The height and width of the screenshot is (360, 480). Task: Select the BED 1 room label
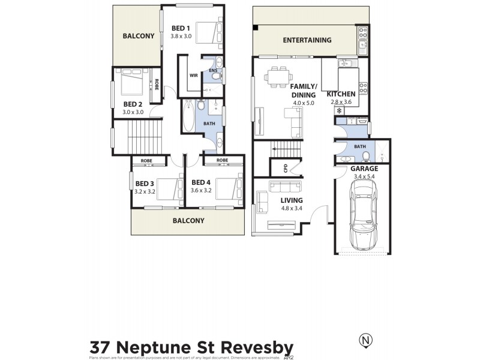181,28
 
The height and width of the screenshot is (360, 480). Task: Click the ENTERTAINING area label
307,40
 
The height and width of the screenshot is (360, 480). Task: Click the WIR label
194,76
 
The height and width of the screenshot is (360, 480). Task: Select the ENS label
212,71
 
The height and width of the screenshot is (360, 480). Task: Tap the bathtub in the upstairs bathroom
188,116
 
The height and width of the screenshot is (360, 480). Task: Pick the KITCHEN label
341,94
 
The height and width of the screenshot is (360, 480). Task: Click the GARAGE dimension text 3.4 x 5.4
364,176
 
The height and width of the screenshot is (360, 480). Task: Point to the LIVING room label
291,200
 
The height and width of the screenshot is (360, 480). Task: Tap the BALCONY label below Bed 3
188,220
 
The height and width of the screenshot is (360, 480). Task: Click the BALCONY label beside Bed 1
139,36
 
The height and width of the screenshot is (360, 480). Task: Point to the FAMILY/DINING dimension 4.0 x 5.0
304,103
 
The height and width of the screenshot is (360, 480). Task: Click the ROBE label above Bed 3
146,161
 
